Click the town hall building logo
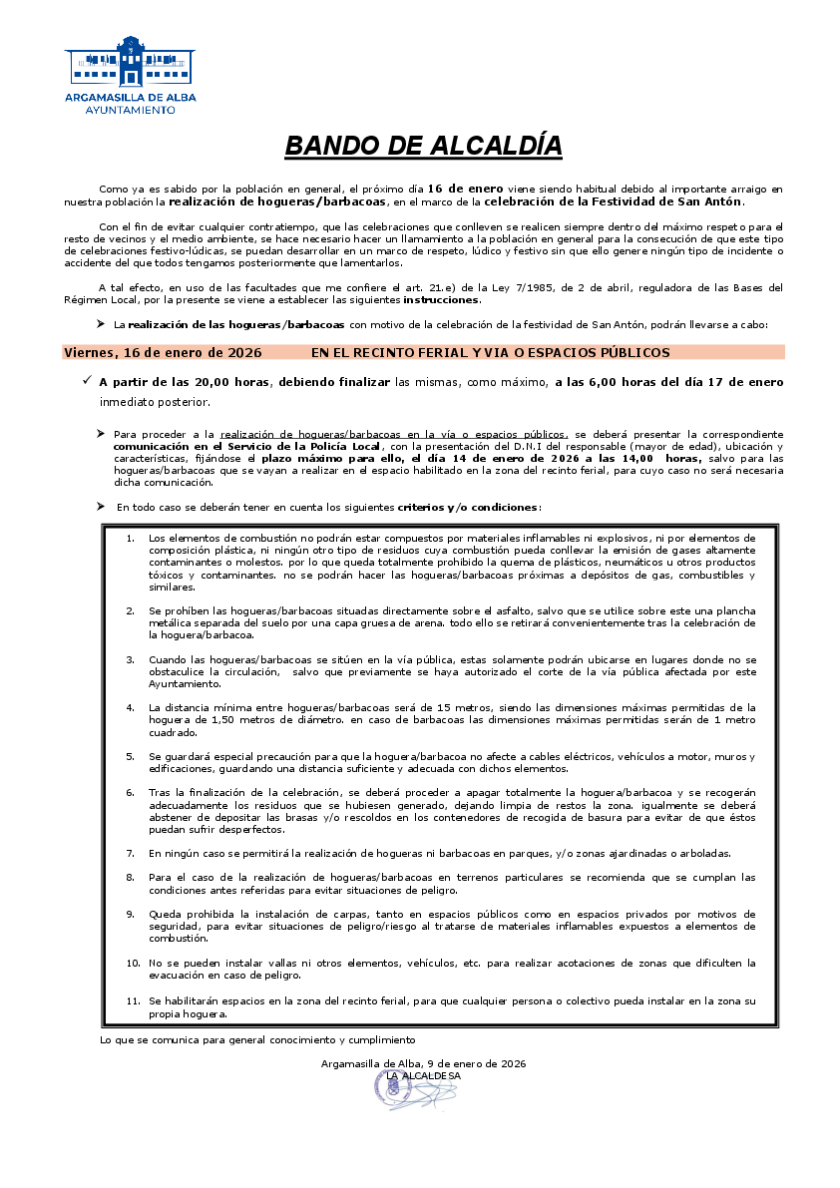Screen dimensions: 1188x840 click(130, 62)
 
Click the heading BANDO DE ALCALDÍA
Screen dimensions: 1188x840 click(423, 146)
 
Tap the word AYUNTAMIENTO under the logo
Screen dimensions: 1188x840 click(130, 110)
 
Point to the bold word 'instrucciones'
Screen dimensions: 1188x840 click(441, 300)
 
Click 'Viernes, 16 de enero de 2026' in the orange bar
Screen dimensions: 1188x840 click(163, 352)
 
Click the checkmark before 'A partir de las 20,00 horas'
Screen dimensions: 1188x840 click(88, 380)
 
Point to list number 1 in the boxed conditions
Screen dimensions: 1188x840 click(131, 539)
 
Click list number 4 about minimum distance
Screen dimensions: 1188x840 click(131, 707)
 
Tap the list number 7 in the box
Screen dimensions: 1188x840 click(131, 853)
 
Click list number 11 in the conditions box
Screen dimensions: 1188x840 click(133, 999)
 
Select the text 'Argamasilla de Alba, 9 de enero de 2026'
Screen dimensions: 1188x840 click(423, 1063)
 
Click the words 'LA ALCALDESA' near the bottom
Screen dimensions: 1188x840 click(423, 1076)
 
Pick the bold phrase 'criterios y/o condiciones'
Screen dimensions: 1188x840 click(469, 507)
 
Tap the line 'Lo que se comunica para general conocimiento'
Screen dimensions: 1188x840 click(256, 1039)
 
